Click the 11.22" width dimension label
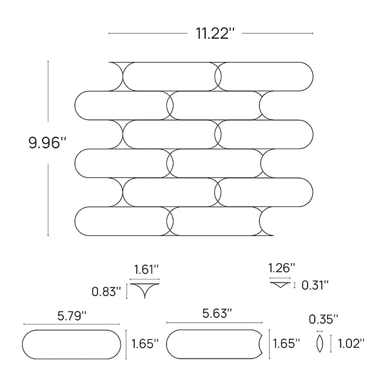pyautogui.click(x=215, y=34)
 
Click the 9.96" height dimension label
pyautogui.click(x=47, y=143)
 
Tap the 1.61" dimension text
pyautogui.click(x=146, y=270)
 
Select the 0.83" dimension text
pyautogui.click(x=106, y=292)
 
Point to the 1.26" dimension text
pyautogui.click(x=282, y=268)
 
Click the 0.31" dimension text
pyautogui.click(x=315, y=285)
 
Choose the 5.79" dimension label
pyautogui.click(x=72, y=315)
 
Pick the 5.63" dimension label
pyautogui.click(x=217, y=313)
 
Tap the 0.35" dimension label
pyautogui.click(x=323, y=319)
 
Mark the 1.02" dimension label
pyautogui.click(x=351, y=344)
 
